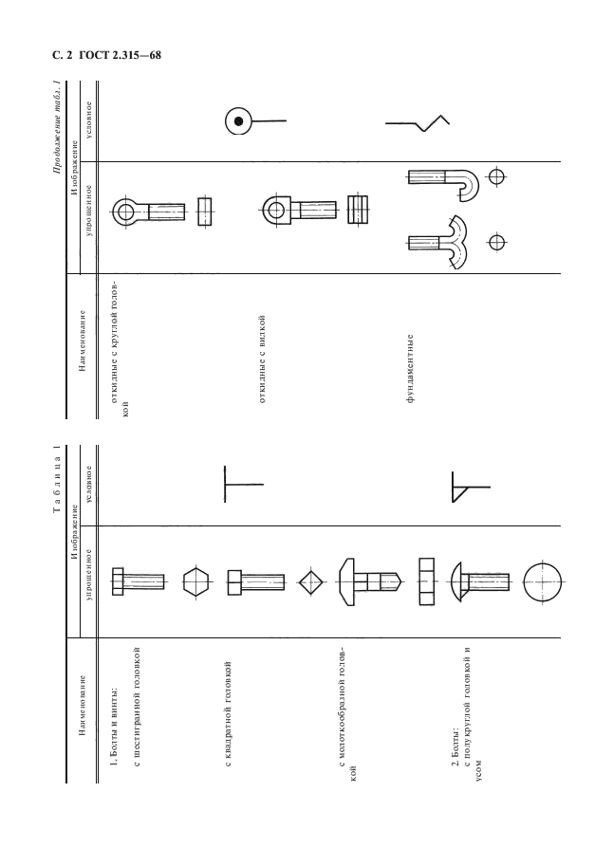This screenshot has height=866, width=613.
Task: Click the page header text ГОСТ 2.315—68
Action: (x=120, y=55)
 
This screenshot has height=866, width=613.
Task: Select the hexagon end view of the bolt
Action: (x=195, y=582)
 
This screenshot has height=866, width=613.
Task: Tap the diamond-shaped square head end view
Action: (x=312, y=582)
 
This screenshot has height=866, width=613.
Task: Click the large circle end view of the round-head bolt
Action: (x=542, y=582)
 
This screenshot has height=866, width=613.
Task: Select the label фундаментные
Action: (x=410, y=368)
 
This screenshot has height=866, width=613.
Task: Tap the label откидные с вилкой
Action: (x=262, y=359)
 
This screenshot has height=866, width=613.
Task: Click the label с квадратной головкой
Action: (x=228, y=713)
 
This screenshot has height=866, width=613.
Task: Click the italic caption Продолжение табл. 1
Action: (x=56, y=128)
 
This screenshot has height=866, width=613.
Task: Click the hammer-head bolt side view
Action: (x=369, y=582)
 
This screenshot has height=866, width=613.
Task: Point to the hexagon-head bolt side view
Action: (x=138, y=581)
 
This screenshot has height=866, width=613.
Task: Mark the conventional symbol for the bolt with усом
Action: (x=471, y=488)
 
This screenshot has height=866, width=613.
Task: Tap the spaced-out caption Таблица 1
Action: (x=56, y=478)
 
